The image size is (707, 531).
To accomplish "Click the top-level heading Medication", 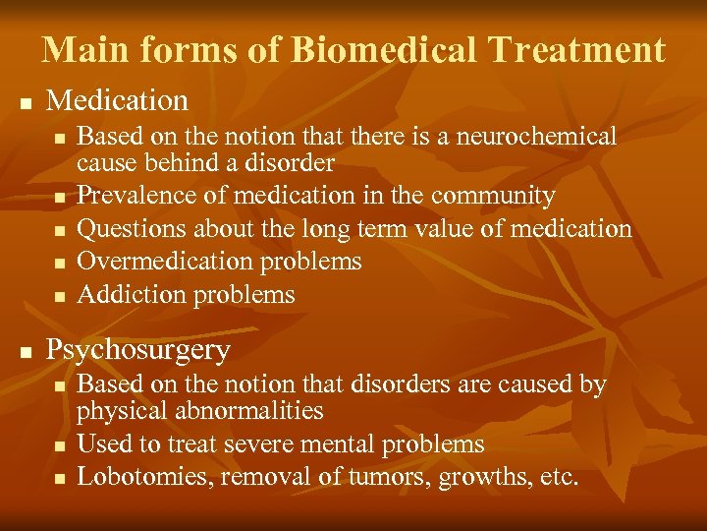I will point(117,100).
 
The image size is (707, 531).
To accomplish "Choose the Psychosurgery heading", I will point(138,350).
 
